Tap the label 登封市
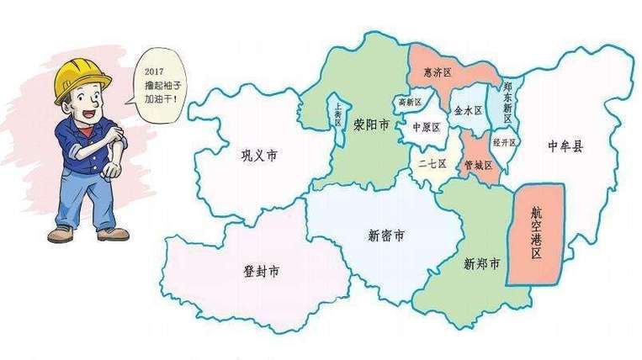(x=262, y=272)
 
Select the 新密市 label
(x=386, y=235)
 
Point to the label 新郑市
(x=482, y=263)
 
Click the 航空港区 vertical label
(x=537, y=234)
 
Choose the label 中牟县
(x=565, y=146)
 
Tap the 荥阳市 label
(x=371, y=125)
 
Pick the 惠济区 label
(x=438, y=73)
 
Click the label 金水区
(x=468, y=110)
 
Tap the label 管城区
(x=478, y=166)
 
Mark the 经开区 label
(x=504, y=142)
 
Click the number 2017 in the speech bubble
(x=156, y=73)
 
